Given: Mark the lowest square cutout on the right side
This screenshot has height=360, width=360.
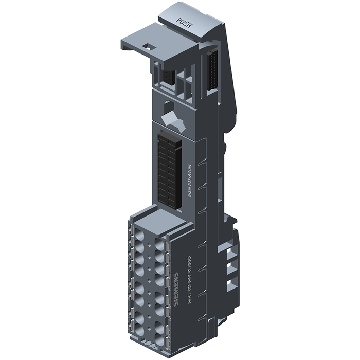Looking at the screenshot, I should point(230,283).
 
